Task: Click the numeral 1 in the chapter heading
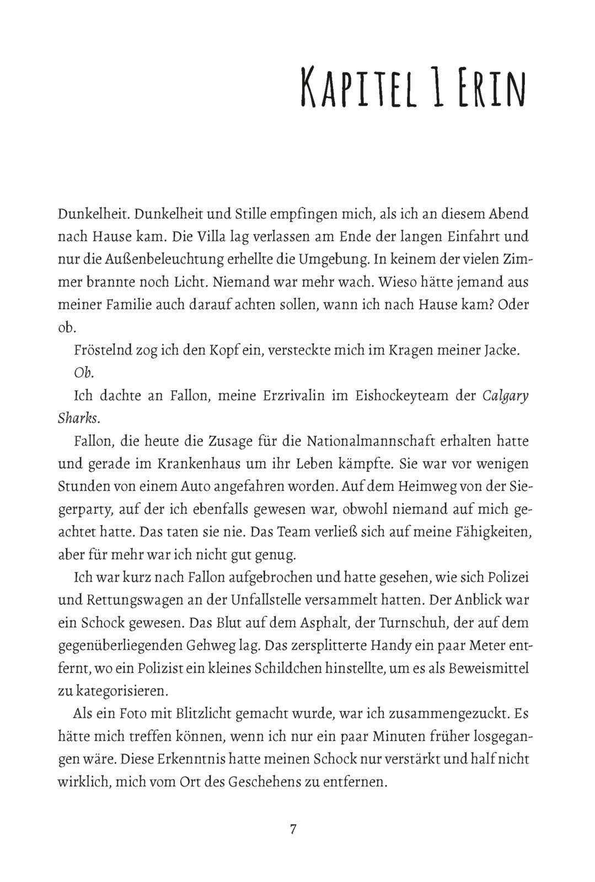[434, 88]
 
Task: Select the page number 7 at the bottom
[293, 829]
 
